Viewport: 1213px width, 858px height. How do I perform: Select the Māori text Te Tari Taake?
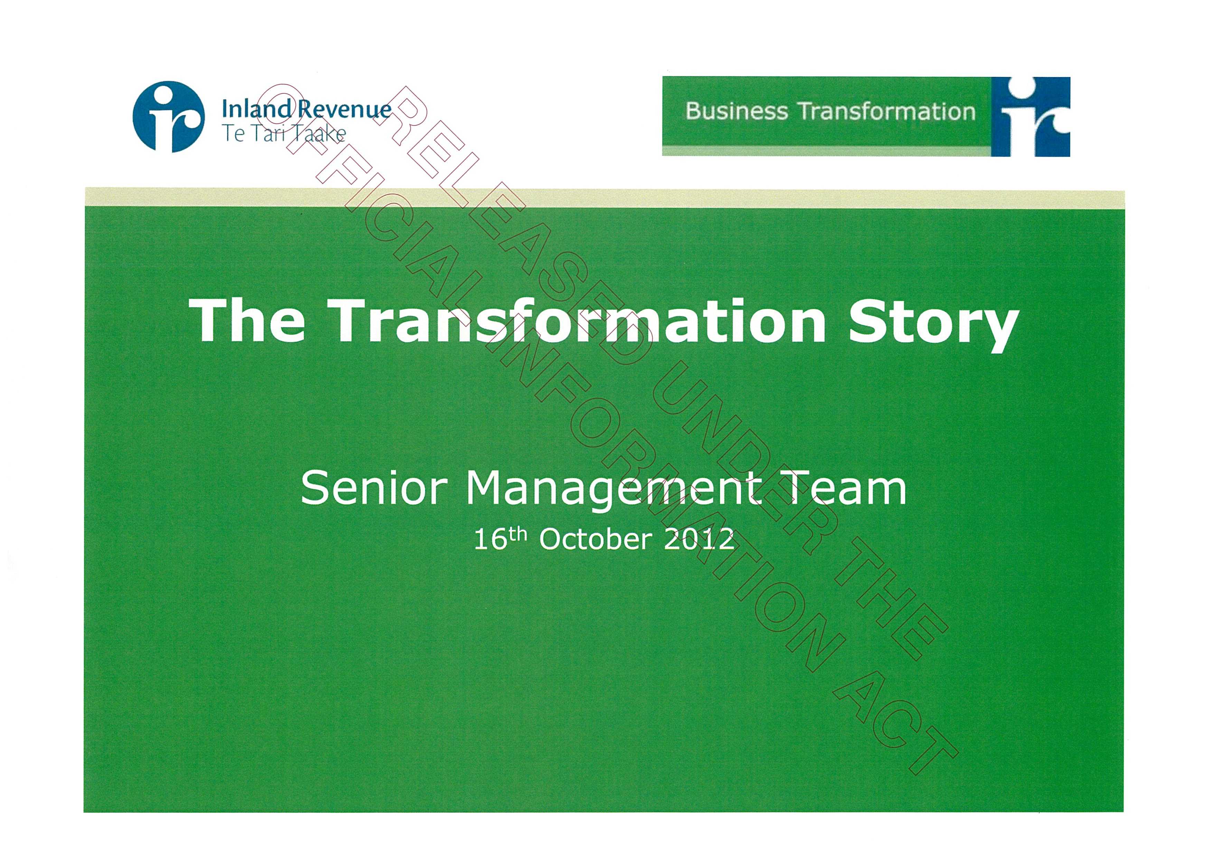283,134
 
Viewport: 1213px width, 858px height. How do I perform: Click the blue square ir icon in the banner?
1030,117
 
